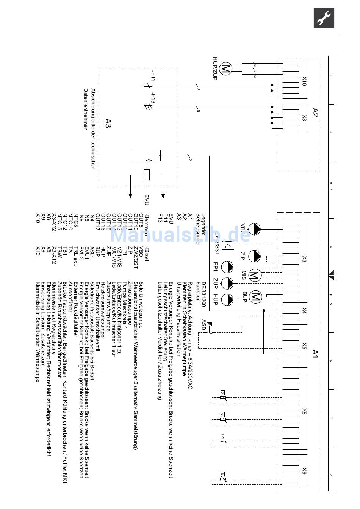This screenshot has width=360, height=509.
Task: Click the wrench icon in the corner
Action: [x=324, y=18]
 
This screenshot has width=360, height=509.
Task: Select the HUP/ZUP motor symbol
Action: [x=225, y=69]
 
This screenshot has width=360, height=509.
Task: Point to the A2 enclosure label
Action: [x=315, y=112]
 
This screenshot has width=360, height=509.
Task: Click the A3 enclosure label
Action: [x=108, y=124]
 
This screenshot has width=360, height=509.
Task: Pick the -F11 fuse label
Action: [x=153, y=76]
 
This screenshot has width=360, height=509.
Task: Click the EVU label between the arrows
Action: [x=147, y=200]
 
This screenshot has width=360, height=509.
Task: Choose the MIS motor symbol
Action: [x=254, y=275]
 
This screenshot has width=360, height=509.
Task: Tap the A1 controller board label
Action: [x=315, y=354]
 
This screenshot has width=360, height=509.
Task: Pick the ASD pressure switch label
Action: [x=204, y=325]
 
